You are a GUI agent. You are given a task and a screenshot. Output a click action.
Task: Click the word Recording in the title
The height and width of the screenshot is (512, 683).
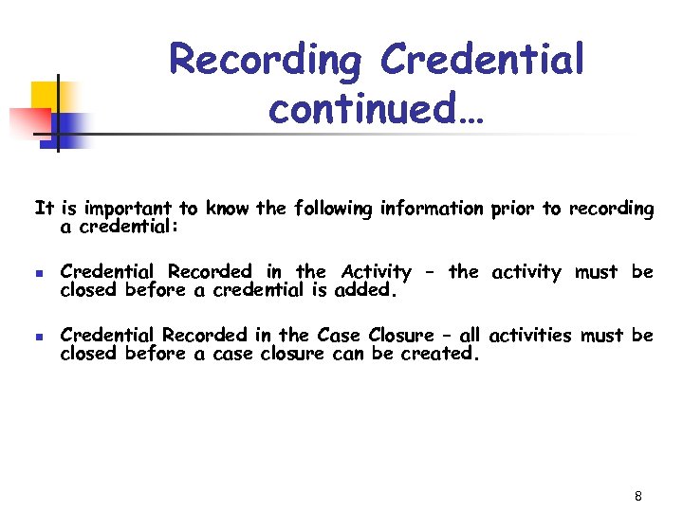[268, 61]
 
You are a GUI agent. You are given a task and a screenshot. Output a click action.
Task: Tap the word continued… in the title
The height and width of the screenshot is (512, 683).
[377, 109]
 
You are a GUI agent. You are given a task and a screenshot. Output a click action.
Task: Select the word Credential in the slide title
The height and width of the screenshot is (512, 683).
[483, 61]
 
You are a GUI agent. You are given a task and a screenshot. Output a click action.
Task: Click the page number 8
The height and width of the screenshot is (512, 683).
[638, 497]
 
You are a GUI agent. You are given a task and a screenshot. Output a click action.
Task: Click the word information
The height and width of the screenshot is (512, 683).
[435, 209]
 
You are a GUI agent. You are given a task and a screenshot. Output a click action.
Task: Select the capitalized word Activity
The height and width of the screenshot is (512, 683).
[377, 273]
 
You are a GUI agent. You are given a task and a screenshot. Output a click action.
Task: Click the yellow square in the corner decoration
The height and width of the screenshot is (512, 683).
[45, 96]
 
